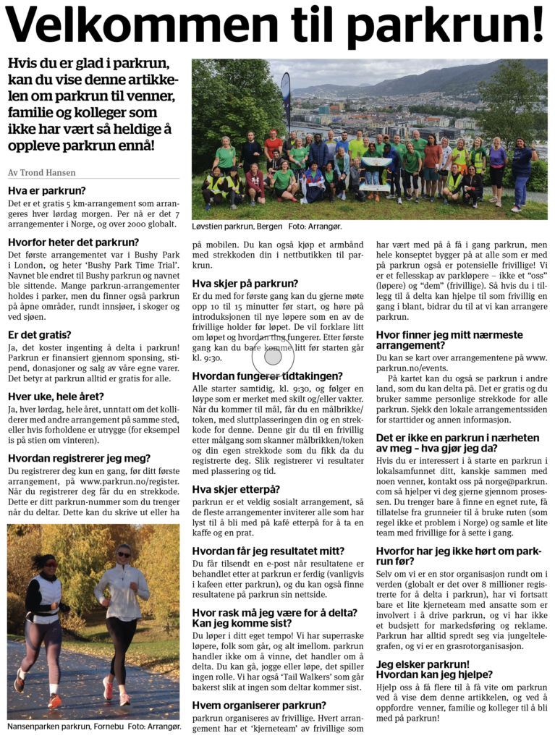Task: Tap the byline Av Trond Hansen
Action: tap(41, 172)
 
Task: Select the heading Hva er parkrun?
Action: tap(46, 191)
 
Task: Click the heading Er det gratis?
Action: tap(39, 334)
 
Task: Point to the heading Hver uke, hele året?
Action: tap(56, 396)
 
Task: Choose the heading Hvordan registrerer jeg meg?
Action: tap(79, 457)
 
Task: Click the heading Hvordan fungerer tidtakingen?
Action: tap(267, 376)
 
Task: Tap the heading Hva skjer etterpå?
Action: tap(236, 489)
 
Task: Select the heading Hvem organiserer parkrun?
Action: tap(259, 705)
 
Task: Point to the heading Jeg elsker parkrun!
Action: tap(423, 664)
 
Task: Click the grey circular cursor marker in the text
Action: tap(273, 356)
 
